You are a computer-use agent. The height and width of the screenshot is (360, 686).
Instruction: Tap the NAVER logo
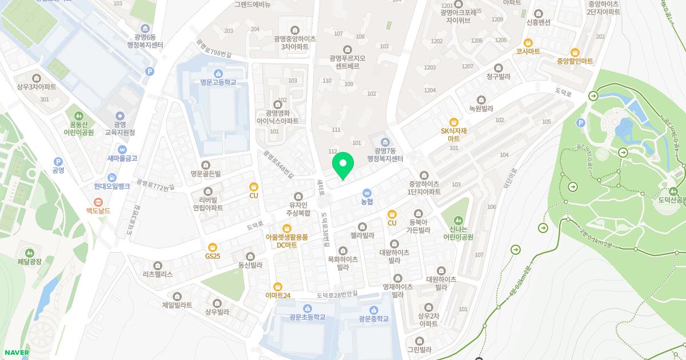[x=16, y=352]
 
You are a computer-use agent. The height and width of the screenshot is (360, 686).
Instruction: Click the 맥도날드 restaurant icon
[x=98, y=202]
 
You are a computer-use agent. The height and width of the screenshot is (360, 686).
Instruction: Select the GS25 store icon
[x=213, y=247]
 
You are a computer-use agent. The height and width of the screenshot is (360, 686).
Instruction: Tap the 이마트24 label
[x=278, y=295]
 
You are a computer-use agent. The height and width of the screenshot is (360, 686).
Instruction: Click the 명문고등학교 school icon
[x=218, y=74]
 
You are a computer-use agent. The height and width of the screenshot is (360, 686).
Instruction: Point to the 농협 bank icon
[x=366, y=193]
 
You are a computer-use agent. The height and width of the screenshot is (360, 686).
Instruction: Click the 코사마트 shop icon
[x=528, y=42]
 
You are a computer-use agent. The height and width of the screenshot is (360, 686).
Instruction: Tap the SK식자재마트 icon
[x=454, y=122]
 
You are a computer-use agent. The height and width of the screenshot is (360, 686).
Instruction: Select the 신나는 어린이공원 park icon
[x=457, y=220]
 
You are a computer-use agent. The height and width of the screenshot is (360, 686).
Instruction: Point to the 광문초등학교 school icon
[x=308, y=309]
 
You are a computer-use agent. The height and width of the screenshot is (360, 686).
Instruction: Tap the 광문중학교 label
[x=373, y=318]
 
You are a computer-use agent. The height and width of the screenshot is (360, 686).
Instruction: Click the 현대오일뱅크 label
[x=112, y=186]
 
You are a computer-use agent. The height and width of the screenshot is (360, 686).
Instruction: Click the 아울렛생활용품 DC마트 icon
[x=287, y=229]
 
